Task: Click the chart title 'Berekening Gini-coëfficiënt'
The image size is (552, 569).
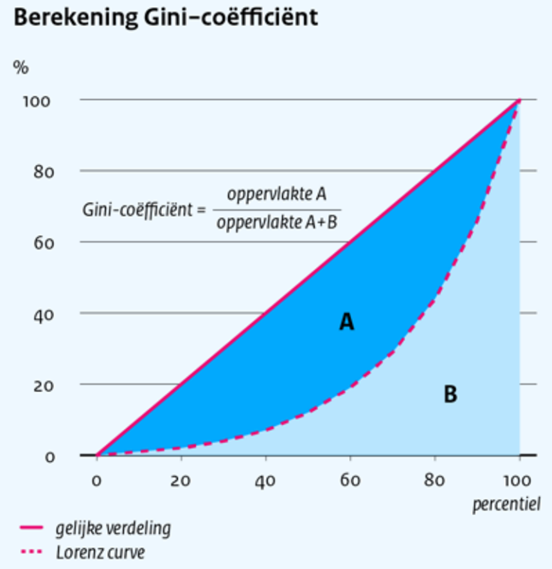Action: coord(165,17)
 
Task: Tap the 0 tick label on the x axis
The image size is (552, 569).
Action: coord(97,481)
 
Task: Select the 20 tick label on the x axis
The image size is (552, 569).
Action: coord(181,481)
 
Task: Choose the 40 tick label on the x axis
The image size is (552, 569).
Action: coord(265,481)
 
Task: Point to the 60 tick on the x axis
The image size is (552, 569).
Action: coord(350,481)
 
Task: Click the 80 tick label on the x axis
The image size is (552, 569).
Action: coord(435,481)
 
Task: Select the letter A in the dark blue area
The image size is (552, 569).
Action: coord(347,321)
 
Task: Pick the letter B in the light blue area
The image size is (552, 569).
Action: coord(450,393)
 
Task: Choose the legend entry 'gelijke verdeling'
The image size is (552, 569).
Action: coord(112,528)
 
